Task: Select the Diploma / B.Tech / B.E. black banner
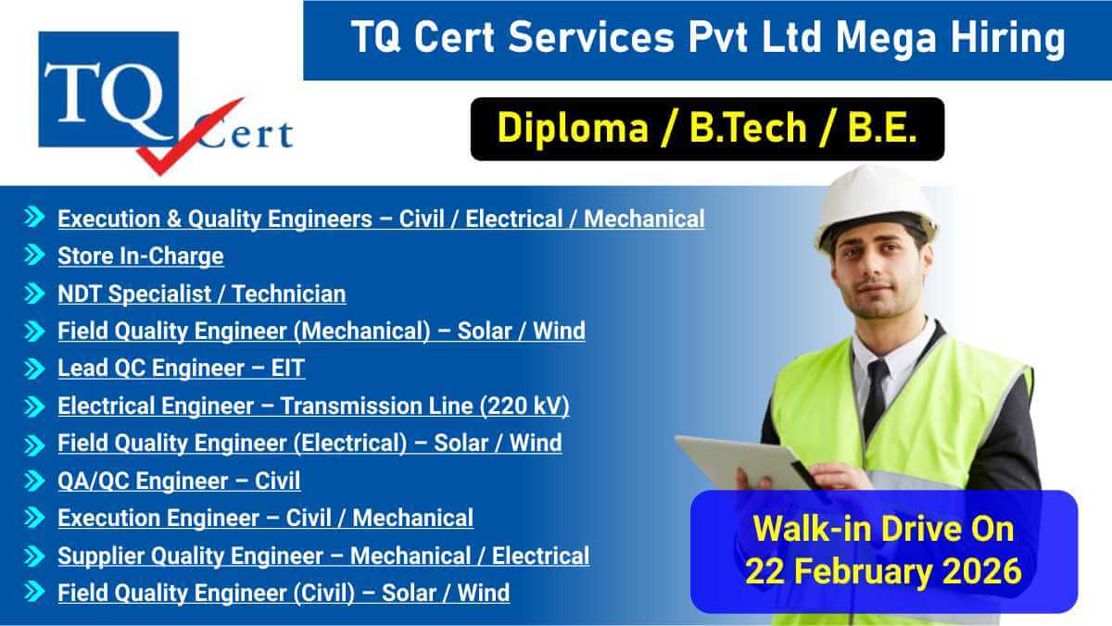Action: pyautogui.click(x=707, y=129)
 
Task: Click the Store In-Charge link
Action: pyautogui.click(x=140, y=256)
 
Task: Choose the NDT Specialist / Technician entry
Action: pyautogui.click(x=201, y=294)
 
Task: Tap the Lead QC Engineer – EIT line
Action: pyautogui.click(x=181, y=368)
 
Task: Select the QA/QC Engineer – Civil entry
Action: pyautogui.click(x=179, y=481)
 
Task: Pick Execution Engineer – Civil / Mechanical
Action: pyautogui.click(x=265, y=518)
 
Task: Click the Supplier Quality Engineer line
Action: pyautogui.click(x=322, y=556)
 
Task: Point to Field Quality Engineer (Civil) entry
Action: pyautogui.click(x=283, y=593)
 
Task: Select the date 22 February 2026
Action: pyautogui.click(x=883, y=570)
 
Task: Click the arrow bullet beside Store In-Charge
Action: pyautogui.click(x=34, y=256)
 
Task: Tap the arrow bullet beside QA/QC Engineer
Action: pyautogui.click(x=34, y=481)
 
